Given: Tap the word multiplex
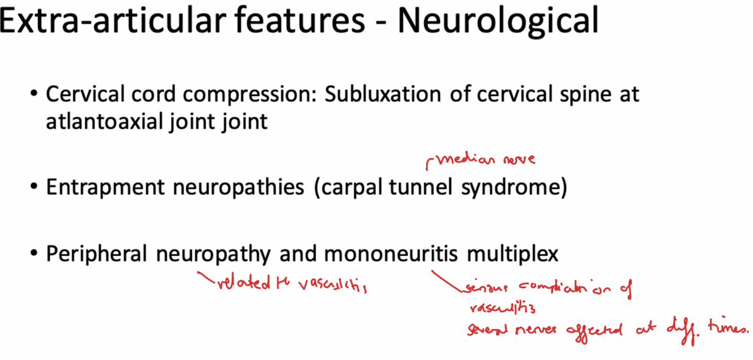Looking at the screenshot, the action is coord(512,254).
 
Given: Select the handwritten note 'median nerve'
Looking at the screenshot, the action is coord(483,160).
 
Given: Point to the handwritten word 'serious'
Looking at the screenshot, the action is coord(482,288).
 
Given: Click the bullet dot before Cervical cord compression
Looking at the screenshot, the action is coord(35,94).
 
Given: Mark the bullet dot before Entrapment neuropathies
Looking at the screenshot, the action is coord(35,188).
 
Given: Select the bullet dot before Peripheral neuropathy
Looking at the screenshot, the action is coord(35,254).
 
